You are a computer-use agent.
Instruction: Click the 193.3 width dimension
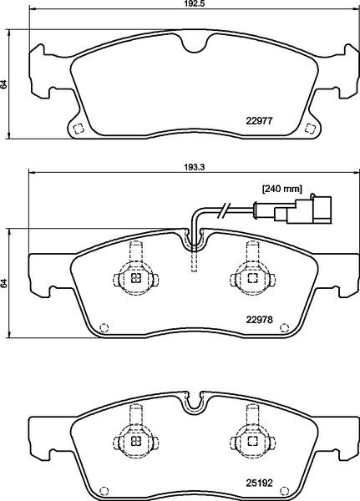(x=195, y=167)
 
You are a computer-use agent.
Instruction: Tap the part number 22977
(x=259, y=121)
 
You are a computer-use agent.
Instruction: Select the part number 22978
(x=259, y=319)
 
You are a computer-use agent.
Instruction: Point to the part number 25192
(x=259, y=483)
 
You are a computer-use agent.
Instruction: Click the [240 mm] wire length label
(x=282, y=189)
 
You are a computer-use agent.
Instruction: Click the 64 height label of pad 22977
(x=3, y=84)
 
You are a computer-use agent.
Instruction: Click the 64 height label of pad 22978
(x=3, y=283)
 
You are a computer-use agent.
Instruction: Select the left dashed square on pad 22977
(x=79, y=129)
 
